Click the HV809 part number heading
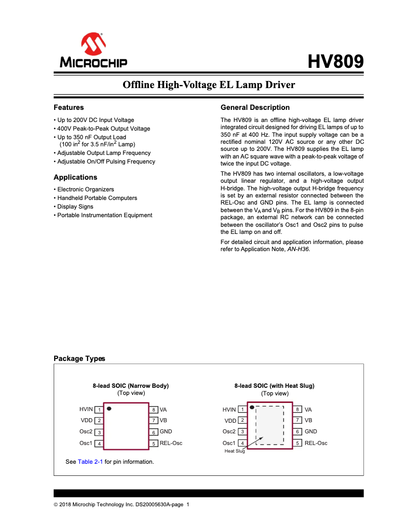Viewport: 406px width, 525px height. click(336, 61)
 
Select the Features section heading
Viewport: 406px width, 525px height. click(69, 107)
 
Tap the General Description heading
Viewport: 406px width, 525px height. click(255, 107)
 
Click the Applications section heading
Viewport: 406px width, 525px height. click(75, 177)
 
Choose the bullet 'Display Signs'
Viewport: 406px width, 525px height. click(75, 207)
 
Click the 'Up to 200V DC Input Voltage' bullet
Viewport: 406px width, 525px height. click(95, 120)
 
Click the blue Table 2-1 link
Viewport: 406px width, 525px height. click(90, 462)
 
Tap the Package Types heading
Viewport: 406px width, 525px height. click(79, 358)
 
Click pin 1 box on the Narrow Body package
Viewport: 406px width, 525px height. click(100, 410)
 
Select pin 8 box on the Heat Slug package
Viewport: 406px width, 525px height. click(298, 410)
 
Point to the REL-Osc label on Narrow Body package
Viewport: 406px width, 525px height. click(171, 443)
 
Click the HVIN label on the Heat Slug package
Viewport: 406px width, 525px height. click(229, 410)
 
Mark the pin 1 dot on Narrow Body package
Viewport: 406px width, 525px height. click(109, 408)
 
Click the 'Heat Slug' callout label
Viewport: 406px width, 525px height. click(234, 451)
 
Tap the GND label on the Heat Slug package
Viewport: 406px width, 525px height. click(311, 432)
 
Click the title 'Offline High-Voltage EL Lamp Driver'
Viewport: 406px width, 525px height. click(209, 85)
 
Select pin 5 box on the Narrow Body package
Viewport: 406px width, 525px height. click(153, 444)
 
